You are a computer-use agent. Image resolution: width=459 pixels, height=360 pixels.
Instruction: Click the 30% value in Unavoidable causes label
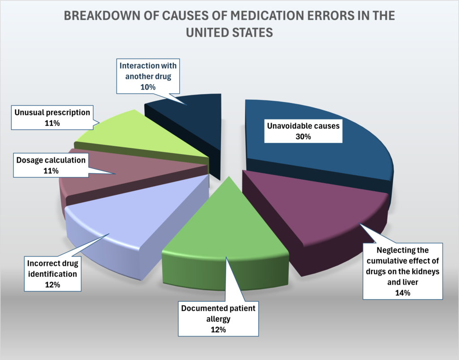(303, 137)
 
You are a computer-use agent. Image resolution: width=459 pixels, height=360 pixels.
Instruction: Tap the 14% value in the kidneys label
(403, 293)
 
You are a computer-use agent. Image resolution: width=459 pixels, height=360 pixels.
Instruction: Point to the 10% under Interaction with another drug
(147, 87)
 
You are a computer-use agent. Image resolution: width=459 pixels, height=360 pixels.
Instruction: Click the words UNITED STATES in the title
(229, 33)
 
